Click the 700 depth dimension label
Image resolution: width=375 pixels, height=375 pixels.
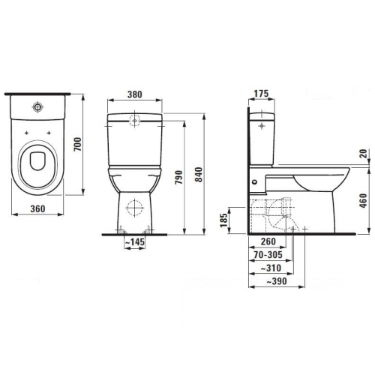click(78, 144)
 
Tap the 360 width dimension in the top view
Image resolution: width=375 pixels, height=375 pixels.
click(37, 208)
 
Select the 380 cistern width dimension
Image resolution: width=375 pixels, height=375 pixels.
click(135, 94)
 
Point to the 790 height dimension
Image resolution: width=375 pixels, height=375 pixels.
click(179, 178)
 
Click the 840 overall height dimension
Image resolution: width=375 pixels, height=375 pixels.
click(199, 175)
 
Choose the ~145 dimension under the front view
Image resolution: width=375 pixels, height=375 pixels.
click(134, 242)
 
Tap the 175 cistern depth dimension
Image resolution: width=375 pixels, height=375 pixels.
click(261, 94)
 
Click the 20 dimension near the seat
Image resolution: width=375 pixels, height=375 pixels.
click(364, 153)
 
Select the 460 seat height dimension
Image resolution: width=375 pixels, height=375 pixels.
click(364, 200)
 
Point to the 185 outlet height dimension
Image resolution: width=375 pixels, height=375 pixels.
click(224, 220)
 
